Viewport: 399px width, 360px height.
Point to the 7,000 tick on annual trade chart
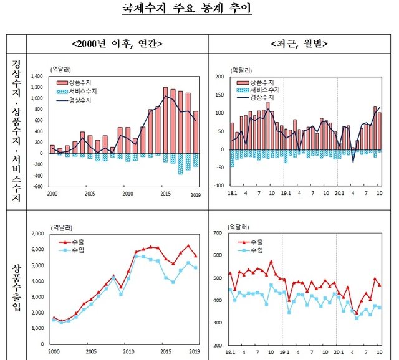click(x=36, y=234)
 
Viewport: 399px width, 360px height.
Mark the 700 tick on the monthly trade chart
click(x=218, y=233)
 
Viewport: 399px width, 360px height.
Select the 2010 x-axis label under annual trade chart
click(x=128, y=351)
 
